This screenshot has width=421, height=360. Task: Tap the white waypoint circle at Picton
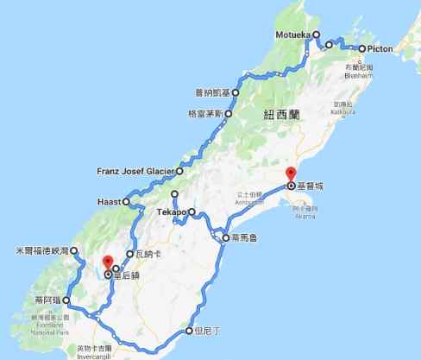361,49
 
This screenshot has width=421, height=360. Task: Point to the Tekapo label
172,212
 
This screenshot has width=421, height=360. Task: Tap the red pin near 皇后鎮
107,263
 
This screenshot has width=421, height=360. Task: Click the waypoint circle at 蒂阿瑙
66,300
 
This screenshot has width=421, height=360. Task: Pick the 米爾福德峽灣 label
35,251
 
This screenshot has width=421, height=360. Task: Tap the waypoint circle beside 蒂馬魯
224,237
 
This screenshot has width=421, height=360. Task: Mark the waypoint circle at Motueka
316,35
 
